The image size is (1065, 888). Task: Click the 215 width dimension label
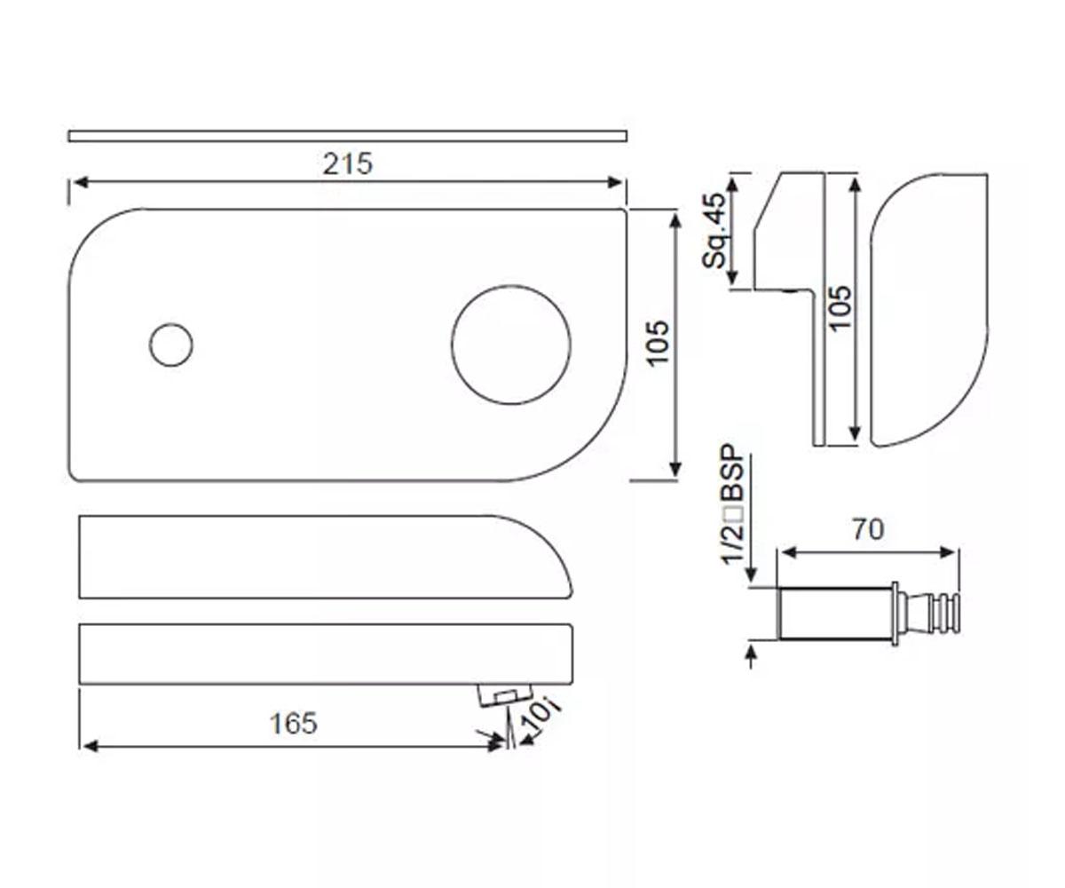(347, 163)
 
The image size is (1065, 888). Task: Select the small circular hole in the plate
(171, 345)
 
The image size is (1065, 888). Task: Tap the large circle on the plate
(511, 345)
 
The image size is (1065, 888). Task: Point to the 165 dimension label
(293, 723)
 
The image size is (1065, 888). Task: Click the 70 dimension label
(868, 530)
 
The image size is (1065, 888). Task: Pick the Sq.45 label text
(713, 230)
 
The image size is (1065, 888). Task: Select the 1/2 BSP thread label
(732, 504)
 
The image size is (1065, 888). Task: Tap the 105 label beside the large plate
(658, 343)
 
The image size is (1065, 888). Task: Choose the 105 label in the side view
(839, 308)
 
